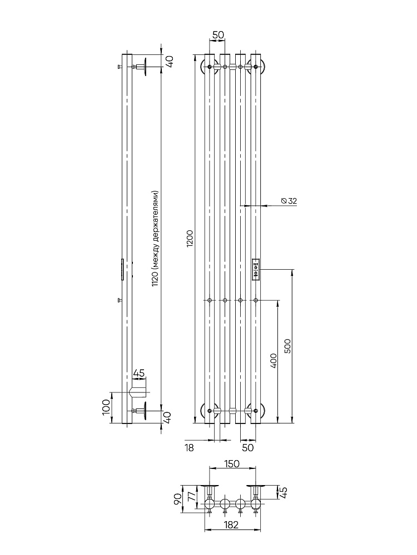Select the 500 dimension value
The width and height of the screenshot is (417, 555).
tap(287, 346)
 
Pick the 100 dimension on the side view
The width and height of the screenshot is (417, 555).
tap(106, 408)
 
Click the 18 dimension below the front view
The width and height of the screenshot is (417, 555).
tap(190, 447)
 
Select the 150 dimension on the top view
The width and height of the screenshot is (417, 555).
tap(232, 464)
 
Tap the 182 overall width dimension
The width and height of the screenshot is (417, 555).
tap(232, 524)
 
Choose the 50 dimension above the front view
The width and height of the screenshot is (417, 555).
tap(218, 35)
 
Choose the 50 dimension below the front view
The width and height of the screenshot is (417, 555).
tap(249, 447)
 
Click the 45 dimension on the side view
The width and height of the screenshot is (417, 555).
tap(139, 373)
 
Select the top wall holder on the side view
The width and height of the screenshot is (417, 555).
tap(142, 67)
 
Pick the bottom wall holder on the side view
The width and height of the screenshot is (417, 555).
tap(142, 411)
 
